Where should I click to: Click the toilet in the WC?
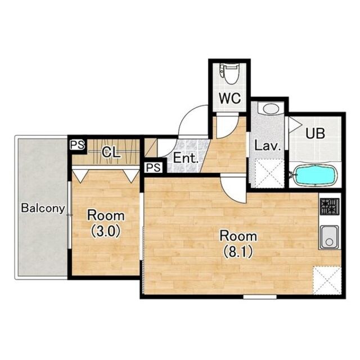tap(228, 74)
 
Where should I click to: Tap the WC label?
tap(229, 98)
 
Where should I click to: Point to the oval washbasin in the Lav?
tap(271, 109)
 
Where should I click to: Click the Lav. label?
tap(268, 146)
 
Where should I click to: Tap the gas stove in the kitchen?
tap(330, 206)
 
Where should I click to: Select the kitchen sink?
tap(330, 237)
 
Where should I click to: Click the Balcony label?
tap(43, 209)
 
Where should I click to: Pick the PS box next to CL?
tap(78, 145)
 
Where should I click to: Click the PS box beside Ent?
tap(154, 168)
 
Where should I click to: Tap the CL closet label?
tap(111, 152)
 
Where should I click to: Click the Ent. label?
tap(186, 158)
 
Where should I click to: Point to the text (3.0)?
tap(106, 231)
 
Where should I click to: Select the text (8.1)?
tap(238, 251)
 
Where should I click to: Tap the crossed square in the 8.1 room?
tap(327, 280)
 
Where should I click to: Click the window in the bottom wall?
tap(260, 297)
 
